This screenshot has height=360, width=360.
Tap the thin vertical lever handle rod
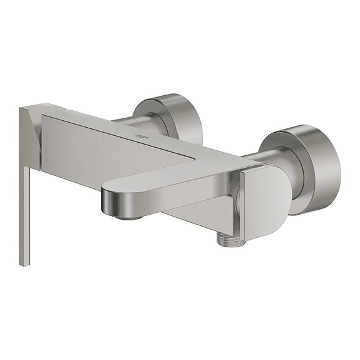point(24,213)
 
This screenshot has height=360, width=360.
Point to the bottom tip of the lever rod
point(24,262)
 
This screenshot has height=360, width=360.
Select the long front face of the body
point(100,150)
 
